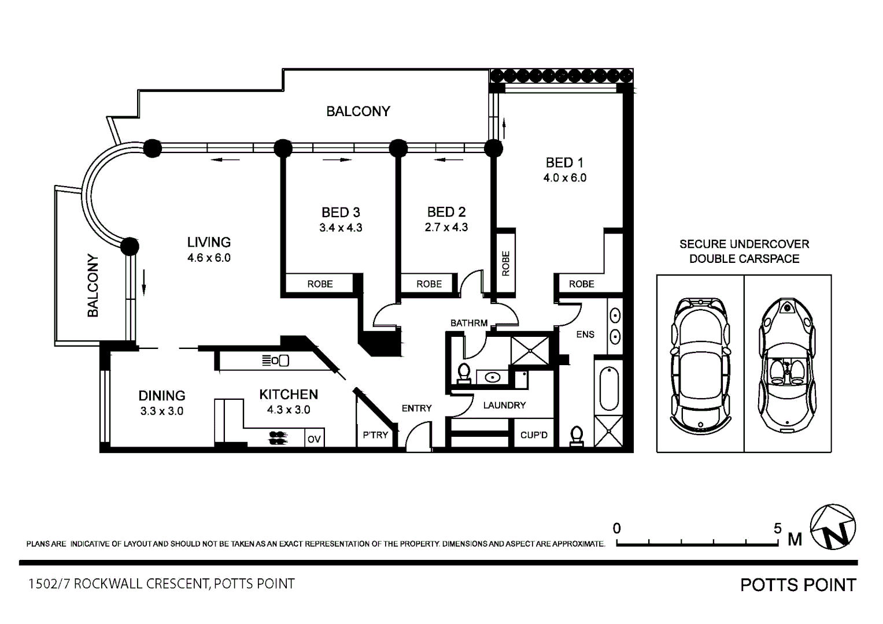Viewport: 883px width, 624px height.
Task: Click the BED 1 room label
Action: point(564,163)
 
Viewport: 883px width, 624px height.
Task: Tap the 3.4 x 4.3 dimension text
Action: point(341,228)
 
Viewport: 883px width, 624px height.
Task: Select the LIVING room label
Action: point(209,242)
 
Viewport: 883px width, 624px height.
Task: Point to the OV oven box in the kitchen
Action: point(314,439)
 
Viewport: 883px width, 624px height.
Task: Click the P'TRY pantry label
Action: point(375,435)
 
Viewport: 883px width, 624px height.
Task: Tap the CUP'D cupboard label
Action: point(534,435)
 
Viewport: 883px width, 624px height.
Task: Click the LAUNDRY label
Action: point(504,406)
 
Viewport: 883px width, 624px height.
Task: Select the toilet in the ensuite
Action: point(577,436)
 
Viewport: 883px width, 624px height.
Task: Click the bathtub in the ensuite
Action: point(609,389)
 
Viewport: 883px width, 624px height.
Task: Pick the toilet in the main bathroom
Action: point(464,373)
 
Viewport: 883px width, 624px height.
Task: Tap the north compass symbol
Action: point(833,527)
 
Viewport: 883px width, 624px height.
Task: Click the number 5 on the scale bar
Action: point(777,528)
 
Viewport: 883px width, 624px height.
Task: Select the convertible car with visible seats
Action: point(787,365)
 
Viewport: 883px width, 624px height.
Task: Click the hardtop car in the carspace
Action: point(700,366)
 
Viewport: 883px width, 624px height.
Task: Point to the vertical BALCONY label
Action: point(93,285)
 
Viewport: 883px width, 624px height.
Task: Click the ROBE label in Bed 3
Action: point(320,284)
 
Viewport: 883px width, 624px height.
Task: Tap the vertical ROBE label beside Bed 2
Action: point(506,263)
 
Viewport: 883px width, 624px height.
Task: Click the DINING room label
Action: point(161,396)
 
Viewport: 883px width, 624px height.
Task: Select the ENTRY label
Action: point(417,408)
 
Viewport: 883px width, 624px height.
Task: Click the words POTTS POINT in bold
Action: point(798,585)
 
